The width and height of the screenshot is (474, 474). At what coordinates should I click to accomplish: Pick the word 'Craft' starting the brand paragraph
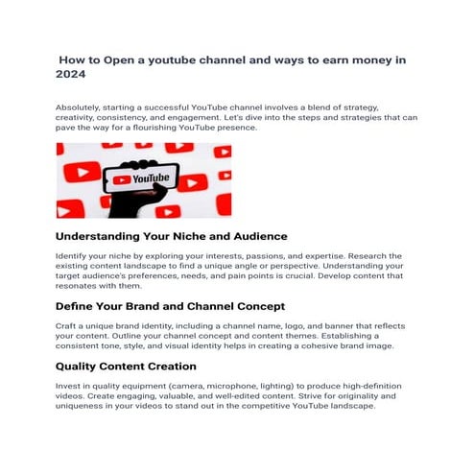[x=66, y=327]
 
